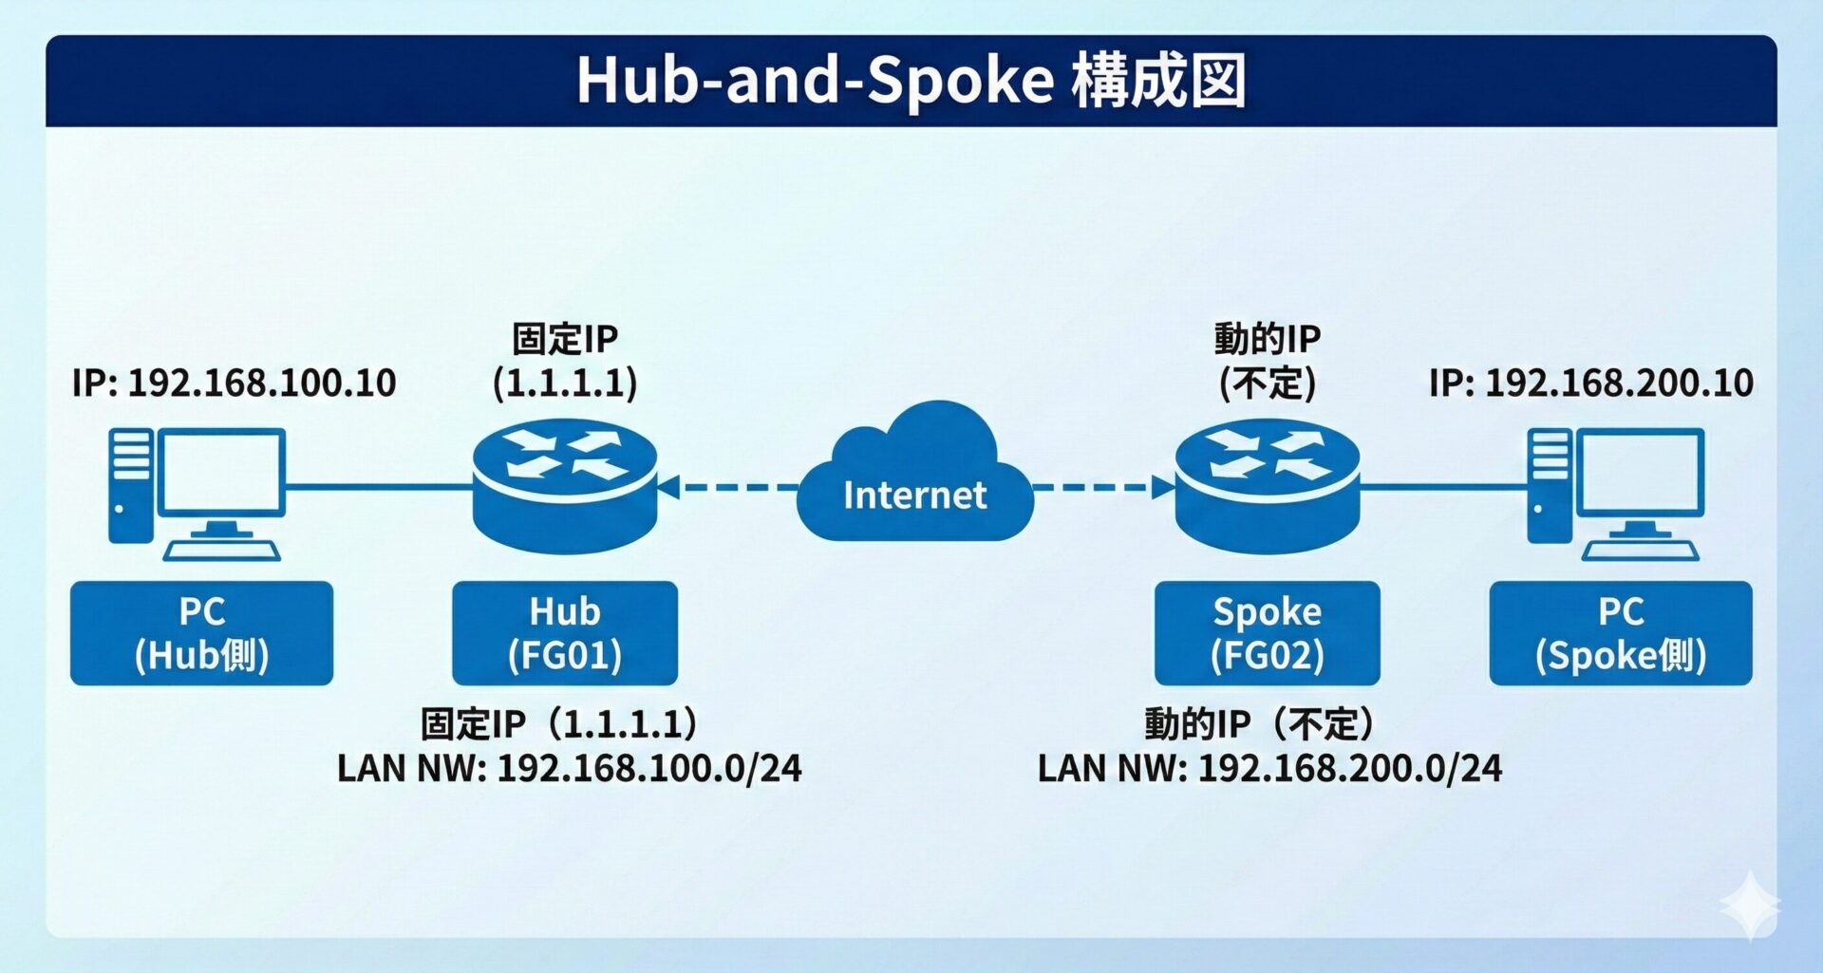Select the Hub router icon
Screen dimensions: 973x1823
pos(565,486)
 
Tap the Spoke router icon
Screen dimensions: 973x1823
pos(1267,486)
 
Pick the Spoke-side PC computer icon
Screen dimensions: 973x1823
pos(1615,494)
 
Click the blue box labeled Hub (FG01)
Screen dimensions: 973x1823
pos(565,633)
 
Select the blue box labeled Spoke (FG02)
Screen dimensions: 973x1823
pos(1267,633)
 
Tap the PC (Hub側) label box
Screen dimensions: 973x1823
pos(201,633)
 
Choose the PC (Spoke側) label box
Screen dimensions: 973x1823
pos(1620,633)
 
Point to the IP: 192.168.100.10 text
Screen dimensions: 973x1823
pos(234,383)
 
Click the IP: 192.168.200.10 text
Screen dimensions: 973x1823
pos(1590,383)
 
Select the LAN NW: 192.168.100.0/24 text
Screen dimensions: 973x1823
pos(569,768)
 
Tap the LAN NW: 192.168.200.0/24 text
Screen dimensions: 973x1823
pos(1269,768)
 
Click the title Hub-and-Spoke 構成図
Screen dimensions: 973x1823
pos(911,81)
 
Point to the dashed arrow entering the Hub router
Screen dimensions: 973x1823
pos(726,488)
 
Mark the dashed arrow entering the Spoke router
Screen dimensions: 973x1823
pos(1101,488)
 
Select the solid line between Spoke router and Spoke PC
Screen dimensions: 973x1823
pos(1443,487)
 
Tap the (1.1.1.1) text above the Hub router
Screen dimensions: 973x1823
pos(565,384)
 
